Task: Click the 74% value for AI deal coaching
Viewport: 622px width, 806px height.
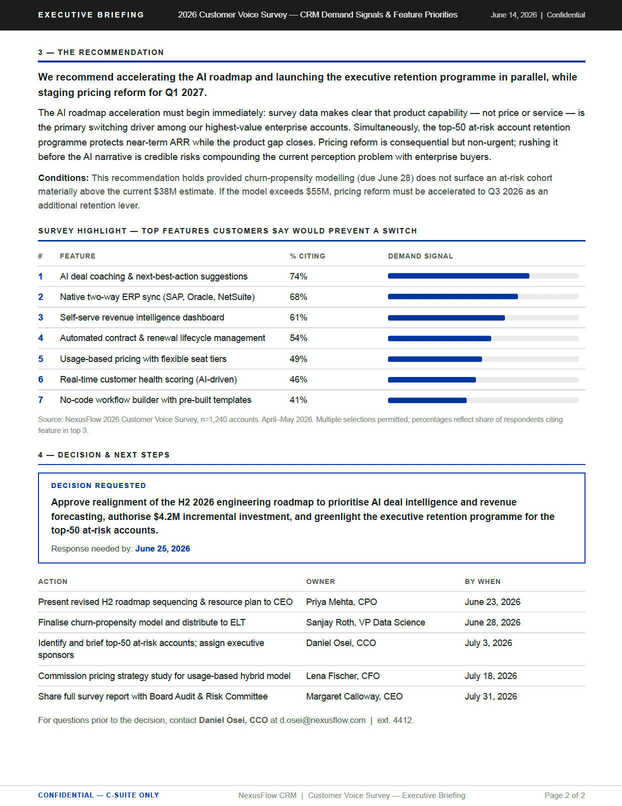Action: (298, 276)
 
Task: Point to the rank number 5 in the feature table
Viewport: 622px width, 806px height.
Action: (40, 359)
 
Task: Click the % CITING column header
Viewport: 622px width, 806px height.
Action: (307, 256)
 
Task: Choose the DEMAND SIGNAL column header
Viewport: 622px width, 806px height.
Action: (420, 256)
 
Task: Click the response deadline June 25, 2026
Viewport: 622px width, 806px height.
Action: (162, 548)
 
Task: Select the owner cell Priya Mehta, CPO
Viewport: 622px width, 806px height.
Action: (341, 602)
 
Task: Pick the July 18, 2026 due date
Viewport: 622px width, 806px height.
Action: (490, 676)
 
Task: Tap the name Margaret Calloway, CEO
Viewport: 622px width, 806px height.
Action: (354, 696)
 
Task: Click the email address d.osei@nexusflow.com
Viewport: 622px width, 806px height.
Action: (322, 720)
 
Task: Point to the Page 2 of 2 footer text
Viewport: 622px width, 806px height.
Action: (564, 795)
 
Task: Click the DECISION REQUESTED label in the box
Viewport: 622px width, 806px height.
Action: (98, 485)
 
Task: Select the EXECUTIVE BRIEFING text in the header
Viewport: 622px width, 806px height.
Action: (91, 15)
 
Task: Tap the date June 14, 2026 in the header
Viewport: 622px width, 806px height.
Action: (513, 15)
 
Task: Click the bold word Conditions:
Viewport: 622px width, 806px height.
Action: (63, 178)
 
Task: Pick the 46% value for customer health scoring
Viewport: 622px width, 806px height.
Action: (298, 379)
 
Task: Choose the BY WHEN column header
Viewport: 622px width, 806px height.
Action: (482, 581)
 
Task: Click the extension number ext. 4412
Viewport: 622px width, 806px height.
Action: (395, 720)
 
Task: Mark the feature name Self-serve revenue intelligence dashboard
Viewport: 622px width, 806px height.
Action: (142, 317)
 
